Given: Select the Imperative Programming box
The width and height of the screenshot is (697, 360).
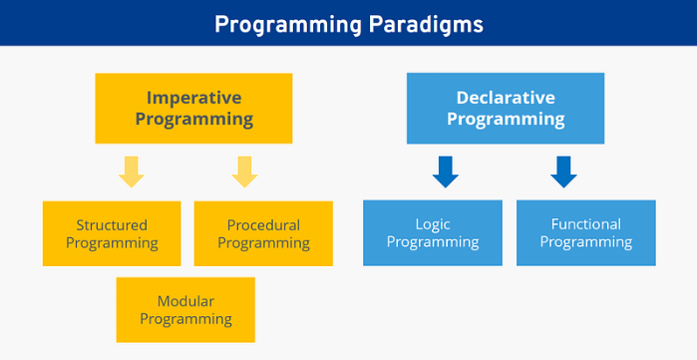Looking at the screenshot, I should tap(193, 108).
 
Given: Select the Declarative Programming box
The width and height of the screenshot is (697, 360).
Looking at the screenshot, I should tap(506, 108).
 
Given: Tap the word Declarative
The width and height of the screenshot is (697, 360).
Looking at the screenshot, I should tap(506, 97).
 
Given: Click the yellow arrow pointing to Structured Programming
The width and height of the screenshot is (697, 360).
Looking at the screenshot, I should tap(131, 172).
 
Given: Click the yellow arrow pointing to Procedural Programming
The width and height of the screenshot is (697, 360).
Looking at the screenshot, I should tap(244, 172).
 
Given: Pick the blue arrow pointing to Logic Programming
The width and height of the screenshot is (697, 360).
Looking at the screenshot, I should tap(445, 172).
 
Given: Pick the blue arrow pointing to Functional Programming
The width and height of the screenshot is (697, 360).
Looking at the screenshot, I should tap(563, 172).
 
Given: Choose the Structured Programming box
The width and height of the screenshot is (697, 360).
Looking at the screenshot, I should tap(112, 233).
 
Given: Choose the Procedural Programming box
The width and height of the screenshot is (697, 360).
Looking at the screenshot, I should tap(263, 233).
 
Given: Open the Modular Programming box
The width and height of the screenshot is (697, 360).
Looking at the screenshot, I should tap(185, 310).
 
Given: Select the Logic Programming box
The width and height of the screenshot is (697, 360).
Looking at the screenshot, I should tap(433, 233).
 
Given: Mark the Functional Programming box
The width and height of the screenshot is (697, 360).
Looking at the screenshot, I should tap(586, 233).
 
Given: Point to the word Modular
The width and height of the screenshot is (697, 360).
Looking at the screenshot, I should tap(185, 301).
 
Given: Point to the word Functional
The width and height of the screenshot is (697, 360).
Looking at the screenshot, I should tap(586, 224).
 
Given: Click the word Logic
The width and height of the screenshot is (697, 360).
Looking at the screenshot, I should tap(433, 224).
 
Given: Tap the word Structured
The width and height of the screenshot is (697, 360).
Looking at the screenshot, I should tap(112, 224).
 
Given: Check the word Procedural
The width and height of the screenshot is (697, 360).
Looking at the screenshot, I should tap(263, 224).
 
